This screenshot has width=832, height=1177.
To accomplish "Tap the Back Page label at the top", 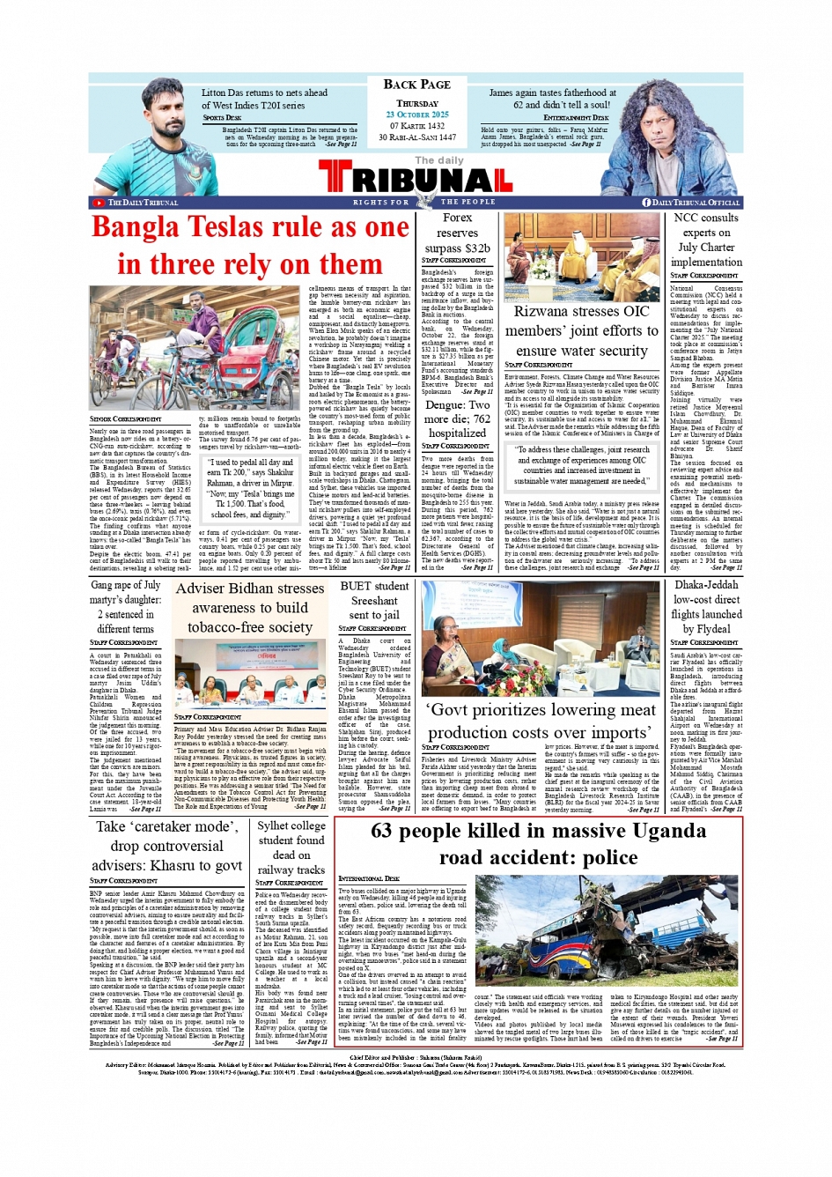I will pos(416,85).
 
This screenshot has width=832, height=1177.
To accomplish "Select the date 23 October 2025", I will pos(416,115).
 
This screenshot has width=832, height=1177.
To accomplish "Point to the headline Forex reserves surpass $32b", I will pos(457,233).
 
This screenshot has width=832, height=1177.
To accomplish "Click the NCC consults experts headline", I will pos(705,240).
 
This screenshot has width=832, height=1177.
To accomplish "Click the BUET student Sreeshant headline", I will pos(374,600).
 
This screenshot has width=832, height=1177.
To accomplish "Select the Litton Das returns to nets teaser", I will pos(264,99).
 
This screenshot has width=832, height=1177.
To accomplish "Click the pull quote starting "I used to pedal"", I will pos(250,487).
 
